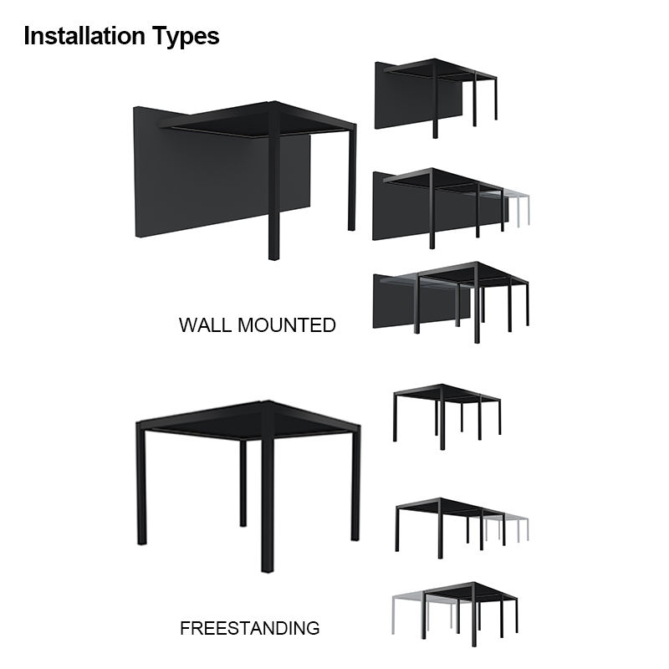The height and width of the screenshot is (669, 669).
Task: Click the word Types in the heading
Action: [x=186, y=37]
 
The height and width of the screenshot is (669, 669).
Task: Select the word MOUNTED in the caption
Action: [x=286, y=325]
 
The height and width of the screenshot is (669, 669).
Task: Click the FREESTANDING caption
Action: [x=249, y=628]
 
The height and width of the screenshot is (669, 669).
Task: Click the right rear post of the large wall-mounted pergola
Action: [x=351, y=179]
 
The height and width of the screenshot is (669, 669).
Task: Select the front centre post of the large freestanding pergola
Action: [x=268, y=503]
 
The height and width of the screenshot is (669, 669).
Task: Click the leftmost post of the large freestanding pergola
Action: [x=141, y=487]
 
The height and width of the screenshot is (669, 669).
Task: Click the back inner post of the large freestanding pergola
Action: [x=243, y=483]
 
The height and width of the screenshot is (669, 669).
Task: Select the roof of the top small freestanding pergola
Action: [x=446, y=393]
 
